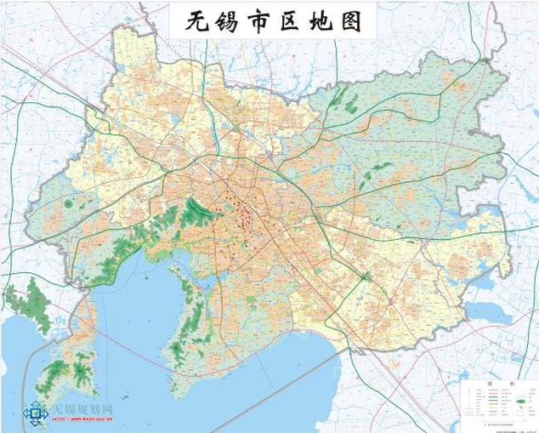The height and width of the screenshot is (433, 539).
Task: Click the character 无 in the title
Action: click(187, 21)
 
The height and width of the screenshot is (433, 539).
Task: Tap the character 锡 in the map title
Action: click(223, 21)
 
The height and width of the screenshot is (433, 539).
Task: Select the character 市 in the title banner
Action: click(257, 21)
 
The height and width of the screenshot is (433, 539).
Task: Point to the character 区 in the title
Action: click(292, 21)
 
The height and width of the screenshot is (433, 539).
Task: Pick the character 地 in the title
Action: click(326, 21)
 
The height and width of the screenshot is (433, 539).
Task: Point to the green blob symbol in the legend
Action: click(516, 404)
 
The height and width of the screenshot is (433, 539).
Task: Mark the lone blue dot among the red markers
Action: click(247, 244)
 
